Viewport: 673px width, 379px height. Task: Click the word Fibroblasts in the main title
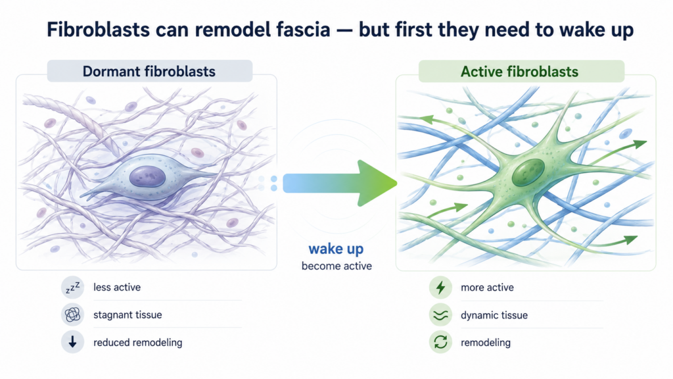point(99,30)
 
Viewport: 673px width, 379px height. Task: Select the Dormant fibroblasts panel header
point(149,71)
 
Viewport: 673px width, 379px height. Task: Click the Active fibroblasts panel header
point(521,71)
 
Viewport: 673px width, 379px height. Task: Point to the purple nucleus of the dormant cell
point(148,176)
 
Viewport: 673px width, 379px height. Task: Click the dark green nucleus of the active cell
point(528,172)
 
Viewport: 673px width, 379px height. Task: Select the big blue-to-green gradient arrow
point(339,183)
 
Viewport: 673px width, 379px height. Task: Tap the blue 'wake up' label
point(336,249)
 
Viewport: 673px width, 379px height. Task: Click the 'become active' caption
point(336,266)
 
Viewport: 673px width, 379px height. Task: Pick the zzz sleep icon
point(72,288)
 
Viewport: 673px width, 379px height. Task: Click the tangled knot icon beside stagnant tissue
point(72,315)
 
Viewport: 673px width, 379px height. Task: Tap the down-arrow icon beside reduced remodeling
point(72,342)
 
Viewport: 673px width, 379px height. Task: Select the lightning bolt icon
point(440,288)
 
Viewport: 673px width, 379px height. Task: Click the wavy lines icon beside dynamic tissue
point(440,315)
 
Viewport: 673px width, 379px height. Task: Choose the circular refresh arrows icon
point(440,342)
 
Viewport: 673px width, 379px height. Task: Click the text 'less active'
point(117,288)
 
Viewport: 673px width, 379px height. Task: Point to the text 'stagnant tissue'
point(128,315)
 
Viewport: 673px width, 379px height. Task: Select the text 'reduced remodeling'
point(138,342)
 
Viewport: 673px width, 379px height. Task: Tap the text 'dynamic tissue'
point(494,315)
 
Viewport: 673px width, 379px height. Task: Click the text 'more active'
point(487,288)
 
